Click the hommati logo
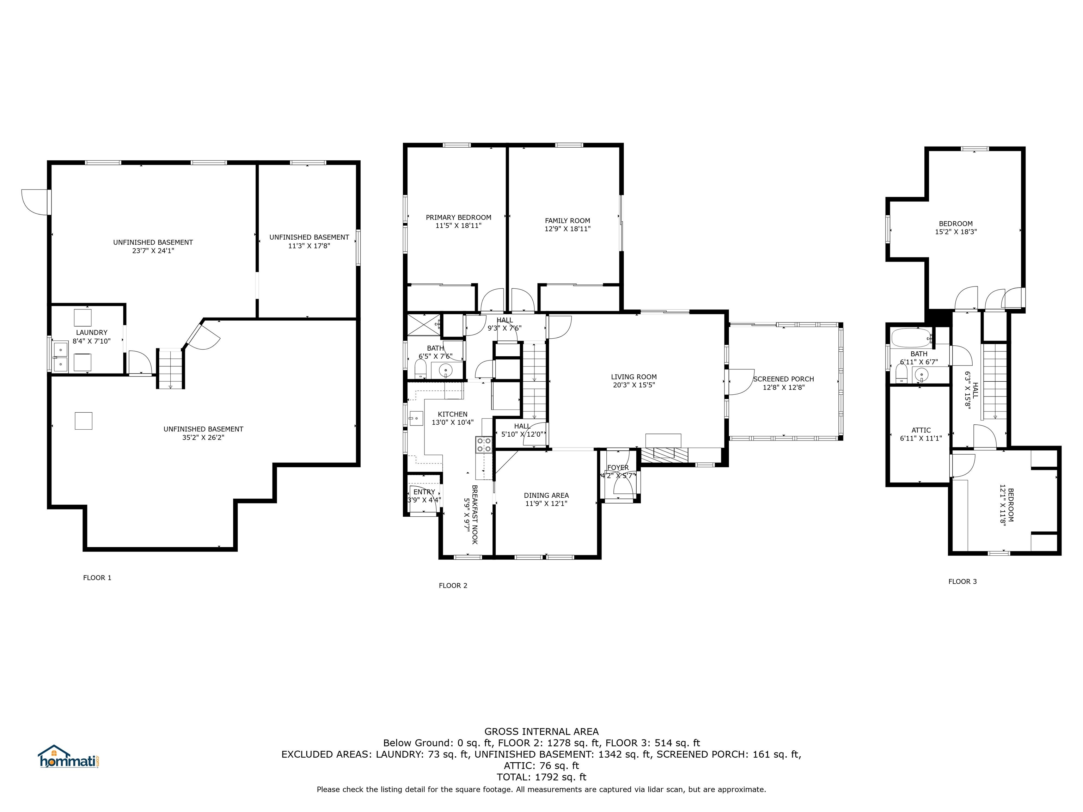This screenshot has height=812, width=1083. pos(69,756)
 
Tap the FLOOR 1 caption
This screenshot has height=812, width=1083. pos(97,578)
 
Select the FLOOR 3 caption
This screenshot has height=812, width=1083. pos(962,582)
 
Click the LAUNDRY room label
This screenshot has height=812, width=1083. pos(92,333)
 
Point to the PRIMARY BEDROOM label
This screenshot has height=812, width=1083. pos(458,217)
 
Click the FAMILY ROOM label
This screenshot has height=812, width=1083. pos(568,221)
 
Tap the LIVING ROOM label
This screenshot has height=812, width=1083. pos(634,377)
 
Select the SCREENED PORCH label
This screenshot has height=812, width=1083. pos(783,379)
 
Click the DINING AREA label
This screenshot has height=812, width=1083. pos(546,495)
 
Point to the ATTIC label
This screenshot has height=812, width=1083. pos(921,430)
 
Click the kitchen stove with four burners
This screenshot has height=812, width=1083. pos(484,445)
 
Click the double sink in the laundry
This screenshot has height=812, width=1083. pos(60,356)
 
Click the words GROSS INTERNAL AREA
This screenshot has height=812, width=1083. pos(541,732)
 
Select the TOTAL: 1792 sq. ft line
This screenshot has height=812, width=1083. pos(541,777)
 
